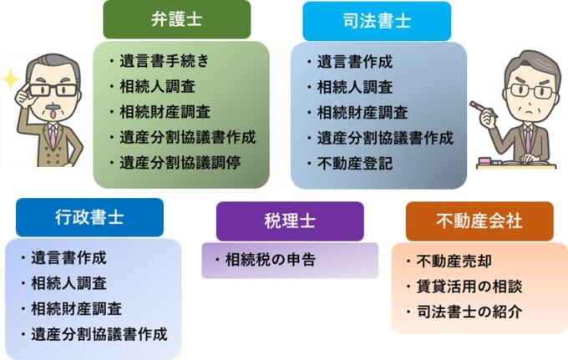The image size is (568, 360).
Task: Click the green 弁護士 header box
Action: tap(177, 19)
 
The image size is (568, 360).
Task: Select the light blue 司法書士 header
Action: tap(377, 21)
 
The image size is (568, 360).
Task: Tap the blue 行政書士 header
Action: tap(89, 217)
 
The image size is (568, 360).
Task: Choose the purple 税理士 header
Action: tap(290, 221)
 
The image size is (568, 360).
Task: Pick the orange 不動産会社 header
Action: tap(479, 221)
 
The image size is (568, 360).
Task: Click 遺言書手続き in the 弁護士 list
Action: tap(165, 61)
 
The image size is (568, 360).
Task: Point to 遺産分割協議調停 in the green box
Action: tap(180, 163)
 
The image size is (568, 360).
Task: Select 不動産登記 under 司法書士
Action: tap(355, 164)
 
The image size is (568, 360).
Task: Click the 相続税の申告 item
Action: tap(271, 260)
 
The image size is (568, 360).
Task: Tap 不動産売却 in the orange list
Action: tap(454, 261)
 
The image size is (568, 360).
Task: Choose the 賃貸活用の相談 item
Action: tap(469, 286)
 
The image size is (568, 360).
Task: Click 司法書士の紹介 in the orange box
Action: tap(469, 312)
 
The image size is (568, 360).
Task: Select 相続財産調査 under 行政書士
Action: tap(76, 309)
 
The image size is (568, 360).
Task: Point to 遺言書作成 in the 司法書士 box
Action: tap(355, 62)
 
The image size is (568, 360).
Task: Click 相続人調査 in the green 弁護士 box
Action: tap(157, 87)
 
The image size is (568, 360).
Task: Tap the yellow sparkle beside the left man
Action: tap(10, 79)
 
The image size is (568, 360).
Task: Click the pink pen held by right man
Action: tap(484, 109)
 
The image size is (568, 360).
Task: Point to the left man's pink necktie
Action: tap(53, 136)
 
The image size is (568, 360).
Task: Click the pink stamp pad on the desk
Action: tap(484, 160)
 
